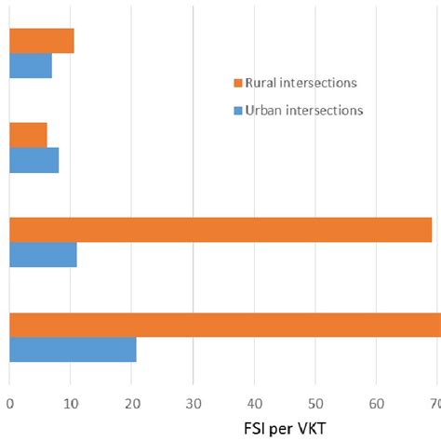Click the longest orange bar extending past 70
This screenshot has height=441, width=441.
pyautogui.click(x=223, y=325)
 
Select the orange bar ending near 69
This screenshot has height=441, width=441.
pyautogui.click(x=220, y=230)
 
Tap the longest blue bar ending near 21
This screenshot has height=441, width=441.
pyautogui.click(x=73, y=350)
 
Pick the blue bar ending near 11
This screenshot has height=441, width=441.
pyautogui.click(x=43, y=254)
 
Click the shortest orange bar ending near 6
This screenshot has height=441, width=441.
pyautogui.click(x=28, y=135)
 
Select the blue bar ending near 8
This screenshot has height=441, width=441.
pyautogui.click(x=33, y=160)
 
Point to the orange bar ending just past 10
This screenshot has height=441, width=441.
pyautogui.click(x=41, y=41)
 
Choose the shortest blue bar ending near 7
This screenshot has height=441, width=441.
pyautogui.click(x=31, y=66)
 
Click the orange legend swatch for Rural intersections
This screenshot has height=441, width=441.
pyautogui.click(x=238, y=83)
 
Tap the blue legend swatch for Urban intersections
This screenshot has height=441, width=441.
pyautogui.click(x=238, y=110)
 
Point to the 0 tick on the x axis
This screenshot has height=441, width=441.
pyautogui.click(x=9, y=403)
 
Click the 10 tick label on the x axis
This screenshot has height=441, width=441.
pyautogui.click(x=71, y=403)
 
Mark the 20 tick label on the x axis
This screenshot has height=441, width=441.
pyautogui.click(x=131, y=403)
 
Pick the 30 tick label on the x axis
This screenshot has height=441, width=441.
pyautogui.click(x=193, y=403)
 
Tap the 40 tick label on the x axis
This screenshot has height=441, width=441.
pyautogui.click(x=254, y=403)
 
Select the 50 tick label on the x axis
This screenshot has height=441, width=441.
pyautogui.click(x=314, y=403)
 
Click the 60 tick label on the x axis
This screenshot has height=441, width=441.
pyautogui.click(x=376, y=403)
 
